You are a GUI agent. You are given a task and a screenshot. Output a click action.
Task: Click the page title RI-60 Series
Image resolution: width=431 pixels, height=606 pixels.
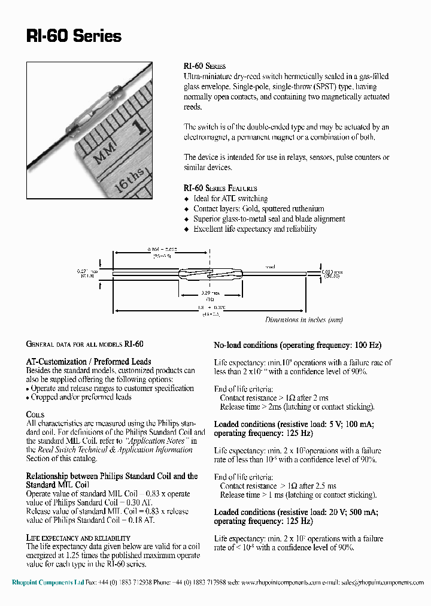74,36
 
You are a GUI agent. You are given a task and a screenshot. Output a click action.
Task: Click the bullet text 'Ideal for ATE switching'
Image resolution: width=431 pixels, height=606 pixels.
230,198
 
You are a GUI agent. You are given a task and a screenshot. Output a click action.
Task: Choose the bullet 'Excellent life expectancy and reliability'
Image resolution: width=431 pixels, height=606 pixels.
255,229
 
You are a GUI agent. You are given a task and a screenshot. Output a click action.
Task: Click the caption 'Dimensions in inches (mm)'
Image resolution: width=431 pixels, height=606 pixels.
303,320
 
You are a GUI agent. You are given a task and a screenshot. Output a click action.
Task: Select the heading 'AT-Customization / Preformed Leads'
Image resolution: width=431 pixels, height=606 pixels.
89,362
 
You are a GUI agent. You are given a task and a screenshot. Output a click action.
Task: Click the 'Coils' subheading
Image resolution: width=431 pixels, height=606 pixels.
35,414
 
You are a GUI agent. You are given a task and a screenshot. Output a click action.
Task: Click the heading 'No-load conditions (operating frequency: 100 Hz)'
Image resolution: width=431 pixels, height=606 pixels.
298,346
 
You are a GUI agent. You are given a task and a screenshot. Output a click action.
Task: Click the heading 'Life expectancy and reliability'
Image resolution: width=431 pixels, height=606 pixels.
78,538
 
